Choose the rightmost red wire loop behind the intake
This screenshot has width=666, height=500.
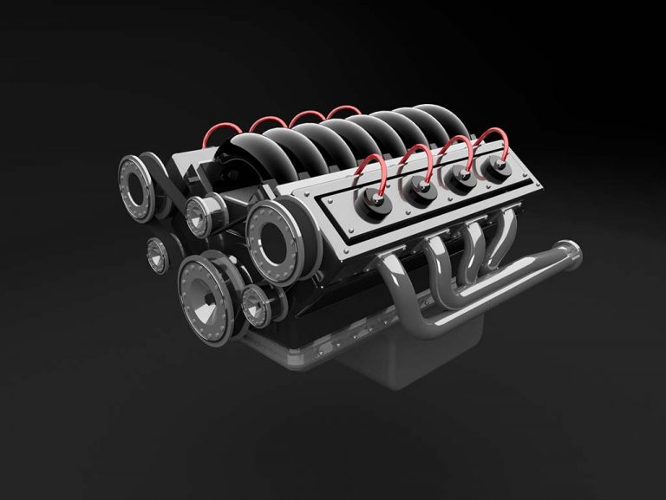pos(344,111)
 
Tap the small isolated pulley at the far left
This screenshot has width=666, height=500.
pos(158,252)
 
